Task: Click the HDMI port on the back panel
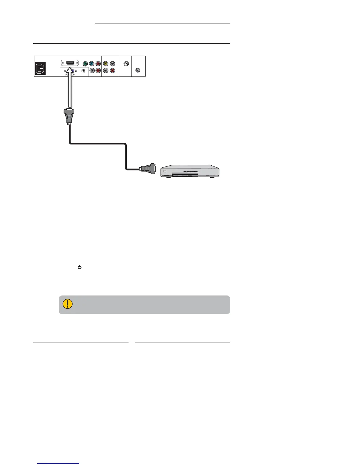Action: [70, 63]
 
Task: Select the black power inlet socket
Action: [40, 69]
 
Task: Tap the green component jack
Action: [85, 64]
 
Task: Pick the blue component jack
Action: [91, 64]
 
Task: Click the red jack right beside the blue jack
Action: [98, 64]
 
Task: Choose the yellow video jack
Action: [106, 64]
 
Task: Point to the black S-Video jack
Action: [112, 64]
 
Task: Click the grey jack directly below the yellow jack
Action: [106, 71]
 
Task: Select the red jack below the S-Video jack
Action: [112, 71]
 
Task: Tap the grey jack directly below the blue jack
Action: [92, 71]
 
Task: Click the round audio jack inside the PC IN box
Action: [83, 71]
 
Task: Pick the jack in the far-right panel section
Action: [138, 70]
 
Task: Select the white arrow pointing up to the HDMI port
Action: [70, 88]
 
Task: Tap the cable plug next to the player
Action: [149, 169]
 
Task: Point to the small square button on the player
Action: [165, 171]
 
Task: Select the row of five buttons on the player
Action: [190, 171]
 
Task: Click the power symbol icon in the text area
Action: [79, 267]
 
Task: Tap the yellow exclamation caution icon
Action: [68, 304]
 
